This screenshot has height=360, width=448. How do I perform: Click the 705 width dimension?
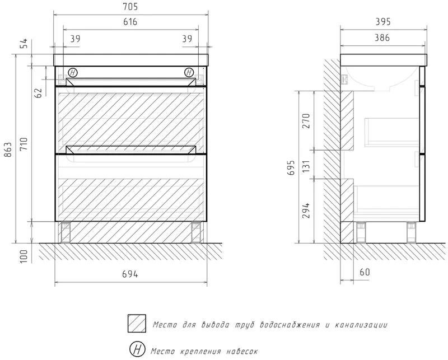pyautogui.click(x=131, y=7)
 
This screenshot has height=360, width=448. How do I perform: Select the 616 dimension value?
pyautogui.click(x=130, y=22)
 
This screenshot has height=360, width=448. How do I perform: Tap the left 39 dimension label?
pyautogui.click(x=75, y=39)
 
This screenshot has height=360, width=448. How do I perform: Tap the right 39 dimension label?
pyautogui.click(x=187, y=39)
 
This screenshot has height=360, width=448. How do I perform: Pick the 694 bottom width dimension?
pyautogui.click(x=130, y=274)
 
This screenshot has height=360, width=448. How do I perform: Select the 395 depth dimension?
pyautogui.click(x=382, y=22)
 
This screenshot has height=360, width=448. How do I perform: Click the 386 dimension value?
pyautogui.click(x=382, y=38)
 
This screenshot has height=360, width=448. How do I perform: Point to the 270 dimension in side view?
pyautogui.click(x=306, y=121)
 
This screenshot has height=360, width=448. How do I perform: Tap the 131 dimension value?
pyautogui.click(x=306, y=166)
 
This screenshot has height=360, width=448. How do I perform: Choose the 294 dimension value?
pyautogui.click(x=306, y=211)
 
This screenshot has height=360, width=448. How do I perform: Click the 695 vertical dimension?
pyautogui.click(x=291, y=168)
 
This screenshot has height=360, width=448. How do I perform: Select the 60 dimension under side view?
pyautogui.click(x=365, y=272)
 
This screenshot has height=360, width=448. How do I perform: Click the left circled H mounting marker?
pyautogui.click(x=73, y=73)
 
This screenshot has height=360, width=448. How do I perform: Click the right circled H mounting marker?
pyautogui.click(x=189, y=73)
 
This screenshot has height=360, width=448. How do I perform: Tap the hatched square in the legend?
pyautogui.click(x=137, y=324)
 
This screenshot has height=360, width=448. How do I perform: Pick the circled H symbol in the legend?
pyautogui.click(x=137, y=349)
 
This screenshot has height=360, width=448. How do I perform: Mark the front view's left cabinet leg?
pyautogui.click(x=66, y=232)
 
